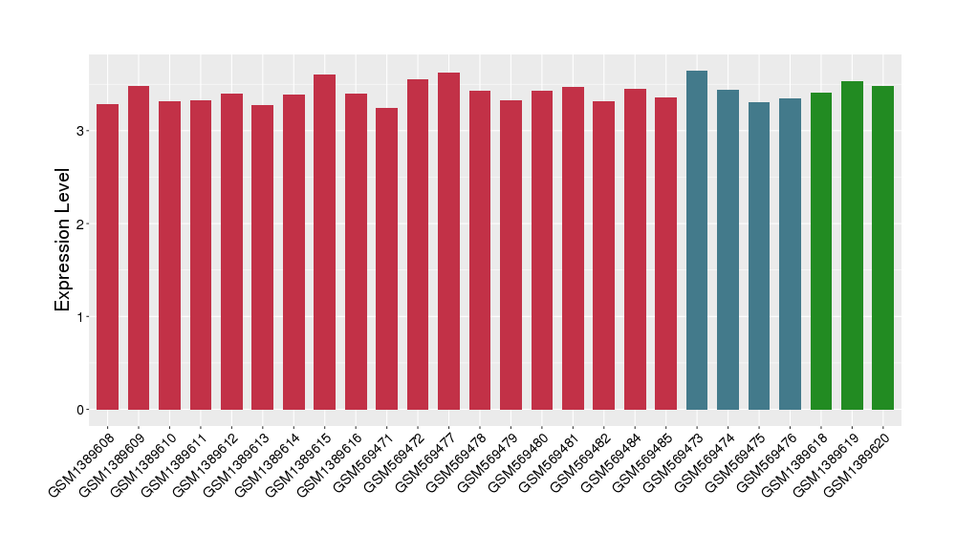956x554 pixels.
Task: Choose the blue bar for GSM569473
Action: [x=697, y=240]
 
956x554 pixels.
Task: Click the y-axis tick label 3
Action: [x=82, y=131]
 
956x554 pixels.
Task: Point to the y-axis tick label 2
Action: [x=82, y=224]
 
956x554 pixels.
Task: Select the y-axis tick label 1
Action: [x=82, y=317]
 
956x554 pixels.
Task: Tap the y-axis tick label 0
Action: [x=82, y=410]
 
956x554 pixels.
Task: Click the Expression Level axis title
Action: [x=63, y=239]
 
